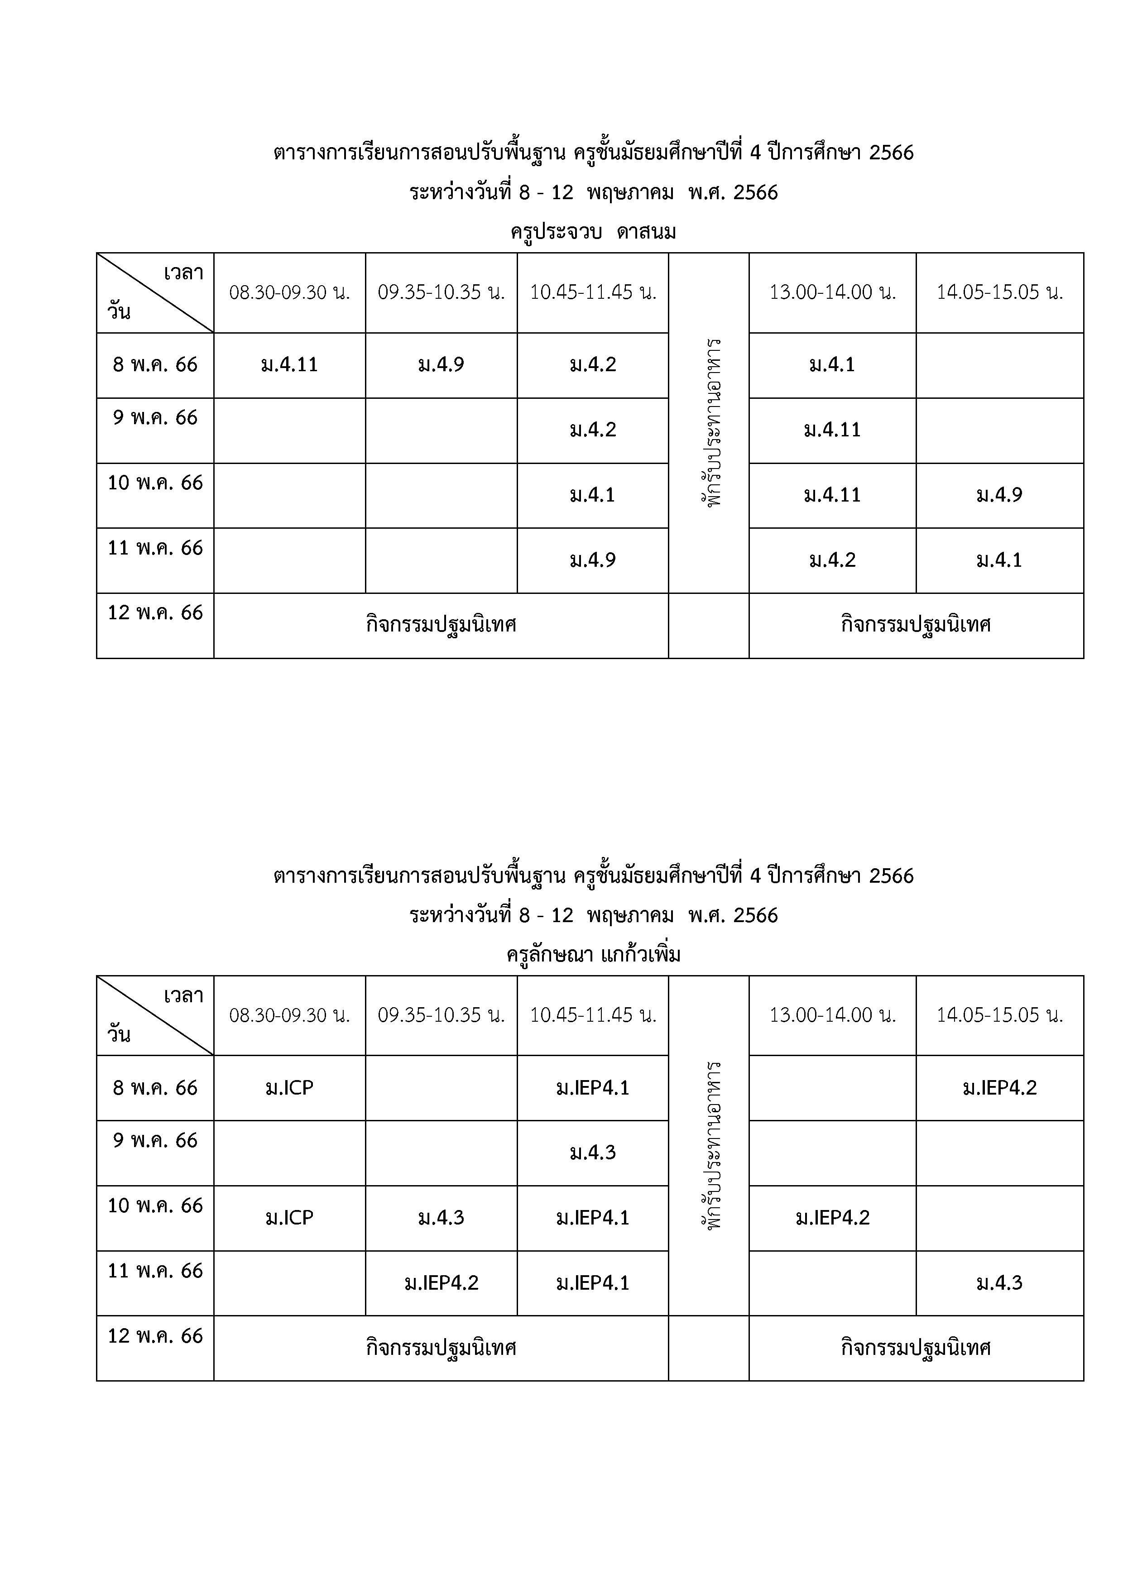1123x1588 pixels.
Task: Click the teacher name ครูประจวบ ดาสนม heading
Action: click(593, 232)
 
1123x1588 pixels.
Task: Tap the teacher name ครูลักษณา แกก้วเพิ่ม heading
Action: click(593, 955)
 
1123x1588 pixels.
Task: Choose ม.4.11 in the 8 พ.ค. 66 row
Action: click(289, 364)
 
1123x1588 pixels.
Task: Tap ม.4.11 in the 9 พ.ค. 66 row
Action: click(832, 430)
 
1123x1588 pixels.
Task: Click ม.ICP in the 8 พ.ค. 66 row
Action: click(289, 1088)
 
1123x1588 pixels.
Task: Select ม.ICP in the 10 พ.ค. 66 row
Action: click(289, 1218)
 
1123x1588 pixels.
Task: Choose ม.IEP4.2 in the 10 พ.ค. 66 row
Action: click(832, 1218)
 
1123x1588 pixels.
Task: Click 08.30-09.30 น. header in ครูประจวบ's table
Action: click(289, 292)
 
